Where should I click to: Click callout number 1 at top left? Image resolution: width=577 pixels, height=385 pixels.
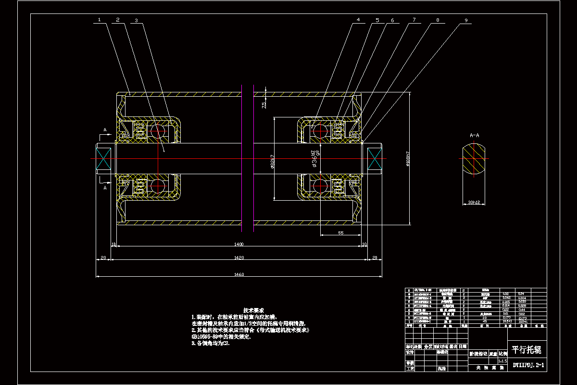tap(99, 20)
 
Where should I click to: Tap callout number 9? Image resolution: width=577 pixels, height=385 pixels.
tap(465, 21)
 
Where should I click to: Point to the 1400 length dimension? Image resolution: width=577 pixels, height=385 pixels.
tap(238, 244)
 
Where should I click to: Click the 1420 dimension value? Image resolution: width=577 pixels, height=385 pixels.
tap(238, 257)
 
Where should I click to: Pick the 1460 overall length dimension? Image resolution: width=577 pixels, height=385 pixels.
tap(238, 275)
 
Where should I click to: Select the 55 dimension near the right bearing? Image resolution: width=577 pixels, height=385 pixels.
tap(340, 233)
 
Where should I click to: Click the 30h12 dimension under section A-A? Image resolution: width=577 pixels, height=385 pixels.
tap(474, 203)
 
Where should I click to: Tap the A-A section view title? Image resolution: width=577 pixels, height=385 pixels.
tap(474, 135)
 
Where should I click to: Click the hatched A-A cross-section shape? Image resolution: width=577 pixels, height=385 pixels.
tap(474, 159)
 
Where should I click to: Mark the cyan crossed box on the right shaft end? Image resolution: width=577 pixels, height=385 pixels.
tap(374, 160)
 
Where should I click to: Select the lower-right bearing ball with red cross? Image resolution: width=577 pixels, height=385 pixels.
tap(319, 185)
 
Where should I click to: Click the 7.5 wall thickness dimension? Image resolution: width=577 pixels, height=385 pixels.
tap(263, 105)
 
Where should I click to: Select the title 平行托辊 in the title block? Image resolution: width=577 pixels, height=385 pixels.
tap(526, 350)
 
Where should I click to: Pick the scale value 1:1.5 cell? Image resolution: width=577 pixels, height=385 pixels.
tap(502, 360)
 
